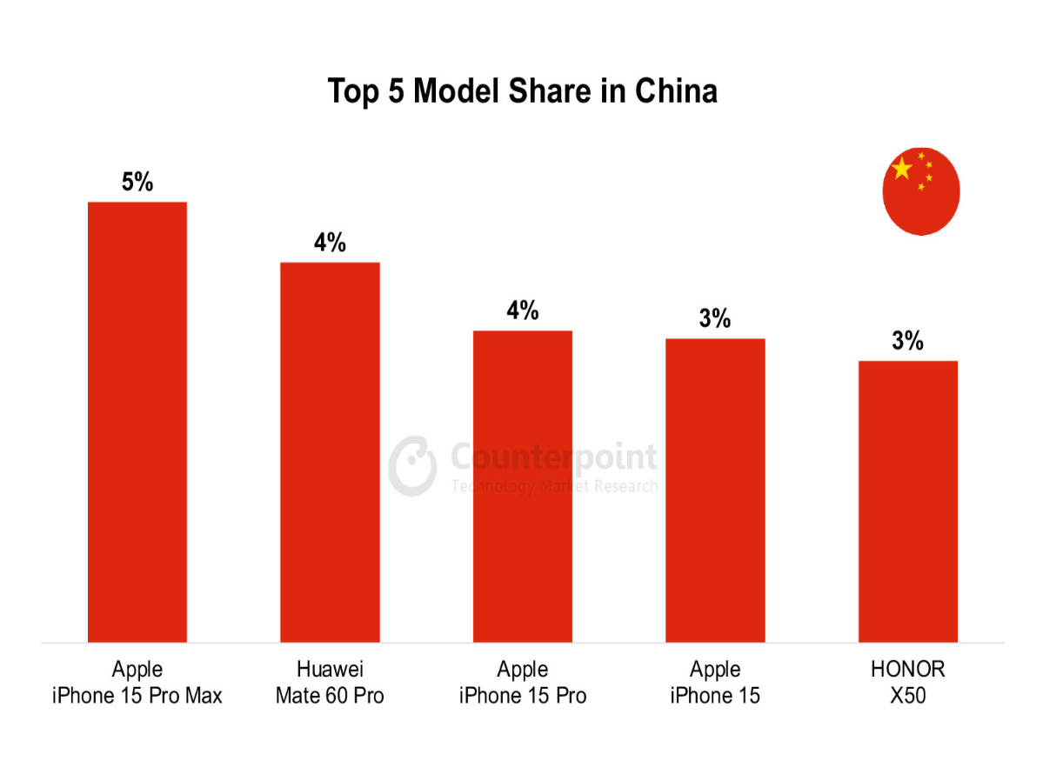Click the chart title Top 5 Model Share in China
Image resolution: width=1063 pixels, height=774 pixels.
point(522,90)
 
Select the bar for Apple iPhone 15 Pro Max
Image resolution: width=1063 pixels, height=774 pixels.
point(137,422)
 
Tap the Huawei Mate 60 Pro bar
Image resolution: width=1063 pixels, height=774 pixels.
point(330,452)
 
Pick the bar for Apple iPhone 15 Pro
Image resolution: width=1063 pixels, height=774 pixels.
point(523,486)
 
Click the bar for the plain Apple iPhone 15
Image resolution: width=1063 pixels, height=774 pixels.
point(715,490)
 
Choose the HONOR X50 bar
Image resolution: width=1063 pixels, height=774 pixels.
point(907,502)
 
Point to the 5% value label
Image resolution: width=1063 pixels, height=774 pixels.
point(137,182)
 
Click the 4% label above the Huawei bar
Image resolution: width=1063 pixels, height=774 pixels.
point(330,243)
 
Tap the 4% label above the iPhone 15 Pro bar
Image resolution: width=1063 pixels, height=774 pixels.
point(523,310)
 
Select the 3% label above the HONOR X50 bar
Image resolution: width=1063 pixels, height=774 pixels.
point(907,341)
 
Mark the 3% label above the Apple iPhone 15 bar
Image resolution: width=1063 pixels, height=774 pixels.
point(715,319)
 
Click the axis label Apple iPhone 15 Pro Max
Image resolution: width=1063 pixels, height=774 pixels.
point(137,683)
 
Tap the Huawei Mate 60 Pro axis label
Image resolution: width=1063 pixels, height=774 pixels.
point(330,683)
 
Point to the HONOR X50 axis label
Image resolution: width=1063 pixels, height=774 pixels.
point(907,683)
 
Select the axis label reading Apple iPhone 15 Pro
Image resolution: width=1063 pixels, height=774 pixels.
point(523,683)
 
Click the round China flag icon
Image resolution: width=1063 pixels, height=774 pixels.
point(921,191)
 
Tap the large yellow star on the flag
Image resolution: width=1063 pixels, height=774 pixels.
point(902,169)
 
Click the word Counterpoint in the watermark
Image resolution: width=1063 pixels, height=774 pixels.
point(554,457)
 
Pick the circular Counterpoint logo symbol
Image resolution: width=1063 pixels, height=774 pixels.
point(412,466)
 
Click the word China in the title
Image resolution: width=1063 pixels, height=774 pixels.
point(675,90)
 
